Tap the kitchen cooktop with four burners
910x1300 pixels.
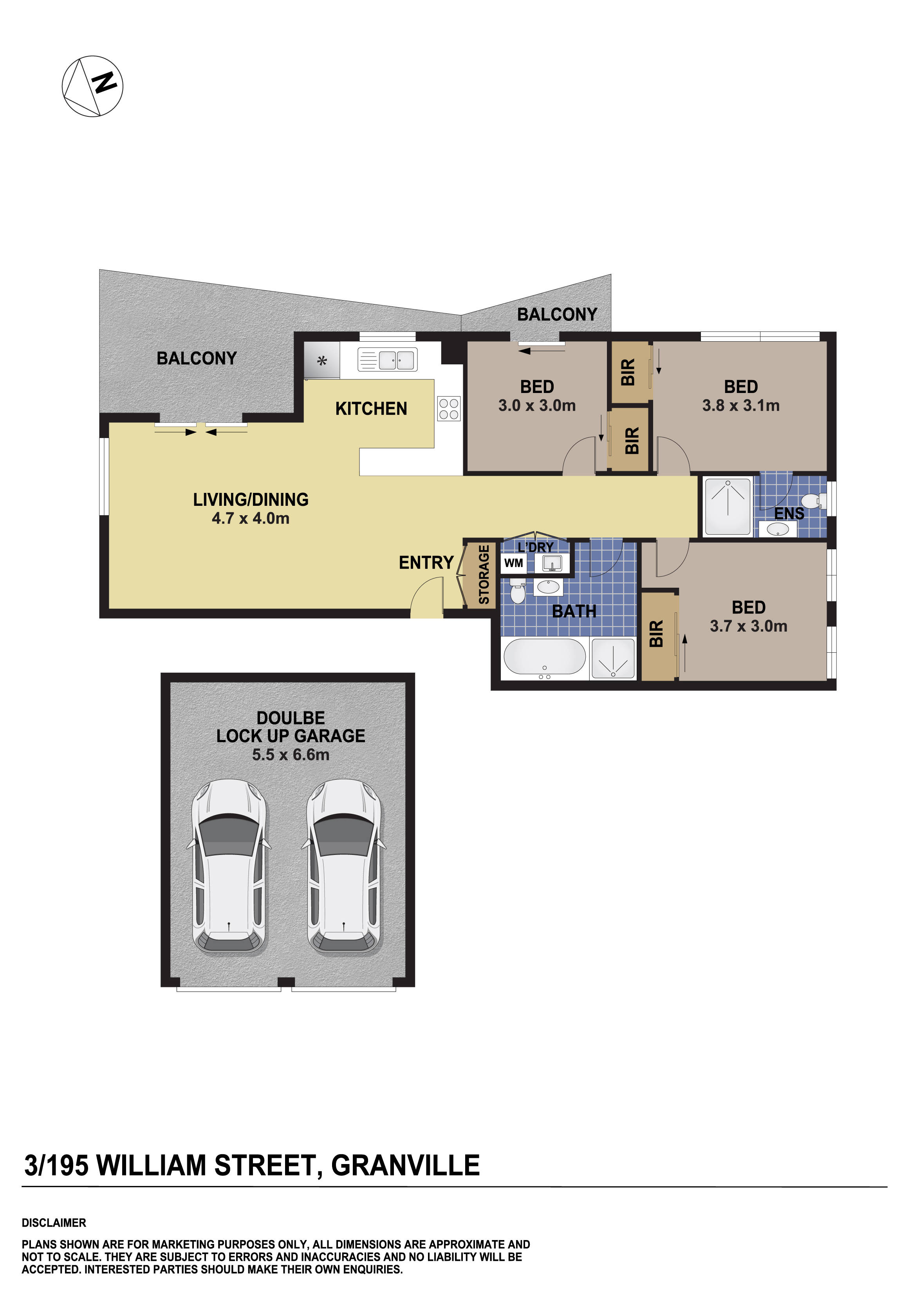448,409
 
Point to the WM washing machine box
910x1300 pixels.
513,563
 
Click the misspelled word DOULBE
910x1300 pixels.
290,718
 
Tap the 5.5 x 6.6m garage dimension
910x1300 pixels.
290,755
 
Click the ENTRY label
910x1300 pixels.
426,562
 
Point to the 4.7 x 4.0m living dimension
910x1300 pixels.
250,518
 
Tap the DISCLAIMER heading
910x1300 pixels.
54,1222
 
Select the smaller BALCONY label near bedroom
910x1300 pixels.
557,314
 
